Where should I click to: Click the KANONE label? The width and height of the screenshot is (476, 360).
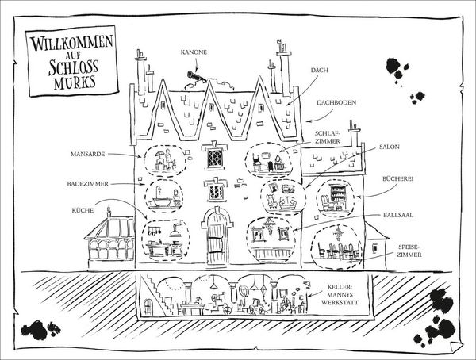[x=194, y=52]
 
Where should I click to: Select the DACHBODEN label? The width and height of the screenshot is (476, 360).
[x=336, y=102]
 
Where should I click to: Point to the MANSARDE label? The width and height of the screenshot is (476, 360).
[x=88, y=154]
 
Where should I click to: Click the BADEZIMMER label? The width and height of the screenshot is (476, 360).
[x=88, y=184]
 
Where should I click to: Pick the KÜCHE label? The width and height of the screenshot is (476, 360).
[x=83, y=210]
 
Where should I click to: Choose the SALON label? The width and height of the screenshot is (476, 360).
[x=390, y=147]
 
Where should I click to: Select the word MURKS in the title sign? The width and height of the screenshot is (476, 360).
[x=75, y=82]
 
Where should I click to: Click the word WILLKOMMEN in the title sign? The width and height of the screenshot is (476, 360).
[x=71, y=43]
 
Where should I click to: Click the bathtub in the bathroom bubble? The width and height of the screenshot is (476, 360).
[x=161, y=201]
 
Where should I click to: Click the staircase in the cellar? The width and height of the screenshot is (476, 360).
[x=157, y=294]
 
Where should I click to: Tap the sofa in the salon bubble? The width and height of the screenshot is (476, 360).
[x=288, y=203]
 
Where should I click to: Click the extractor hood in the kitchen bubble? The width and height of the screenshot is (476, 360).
[x=175, y=230]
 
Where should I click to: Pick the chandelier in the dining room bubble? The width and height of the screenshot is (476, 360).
[x=338, y=233]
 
